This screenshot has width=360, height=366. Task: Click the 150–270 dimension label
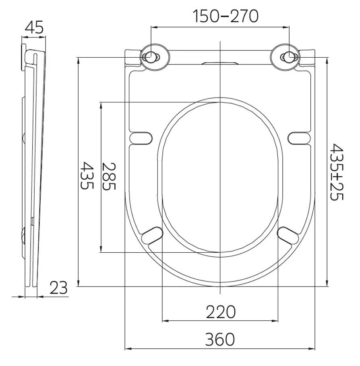tap(226, 17)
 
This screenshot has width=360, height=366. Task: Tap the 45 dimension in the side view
tap(34, 27)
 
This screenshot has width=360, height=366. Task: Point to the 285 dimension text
tap(109, 176)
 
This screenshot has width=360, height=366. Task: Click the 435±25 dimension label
tap(337, 172)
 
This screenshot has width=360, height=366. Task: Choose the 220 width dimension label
tap(221, 312)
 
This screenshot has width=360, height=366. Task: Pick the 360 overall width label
tap(220, 339)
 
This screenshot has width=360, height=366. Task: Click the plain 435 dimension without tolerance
tap(87, 175)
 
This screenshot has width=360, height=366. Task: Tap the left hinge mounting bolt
tap(151, 57)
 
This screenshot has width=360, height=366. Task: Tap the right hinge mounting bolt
tap(290, 57)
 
